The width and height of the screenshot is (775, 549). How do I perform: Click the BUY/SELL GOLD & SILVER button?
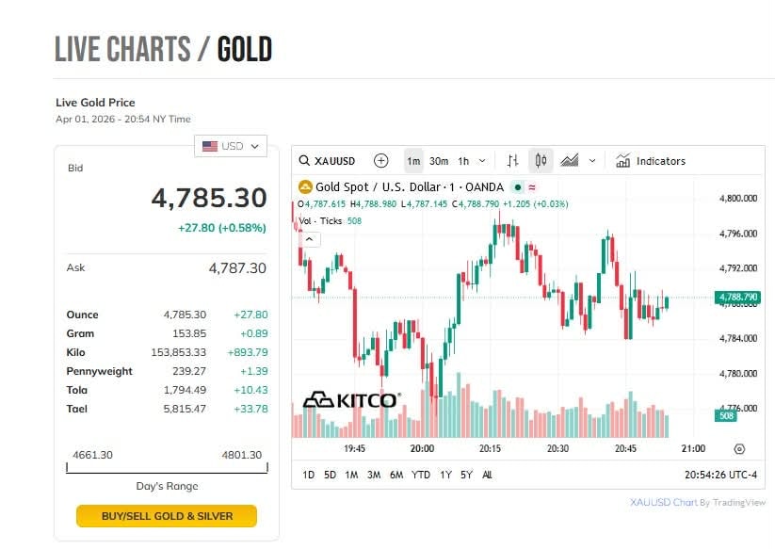(167, 516)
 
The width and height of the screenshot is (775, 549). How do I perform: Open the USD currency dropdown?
(231, 146)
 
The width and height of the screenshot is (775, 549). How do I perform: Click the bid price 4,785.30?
(209, 198)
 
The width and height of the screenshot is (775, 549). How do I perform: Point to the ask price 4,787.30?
(237, 268)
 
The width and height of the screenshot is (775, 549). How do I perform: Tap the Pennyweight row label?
(99, 371)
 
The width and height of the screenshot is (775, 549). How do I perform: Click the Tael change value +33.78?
(250, 409)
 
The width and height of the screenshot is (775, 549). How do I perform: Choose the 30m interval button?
(439, 161)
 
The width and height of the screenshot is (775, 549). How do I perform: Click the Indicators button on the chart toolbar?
(651, 161)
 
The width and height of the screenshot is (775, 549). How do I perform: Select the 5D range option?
(330, 475)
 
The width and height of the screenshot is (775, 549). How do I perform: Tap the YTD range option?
(421, 475)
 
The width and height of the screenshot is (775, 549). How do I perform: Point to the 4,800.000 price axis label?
(737, 199)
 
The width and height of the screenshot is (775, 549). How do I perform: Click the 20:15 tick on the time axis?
(490, 449)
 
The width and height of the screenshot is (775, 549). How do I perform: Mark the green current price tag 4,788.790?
(737, 298)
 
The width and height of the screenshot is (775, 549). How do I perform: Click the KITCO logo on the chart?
(351, 400)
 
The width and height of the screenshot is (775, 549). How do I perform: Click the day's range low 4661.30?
(92, 455)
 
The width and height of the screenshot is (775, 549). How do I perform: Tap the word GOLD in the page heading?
(245, 49)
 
